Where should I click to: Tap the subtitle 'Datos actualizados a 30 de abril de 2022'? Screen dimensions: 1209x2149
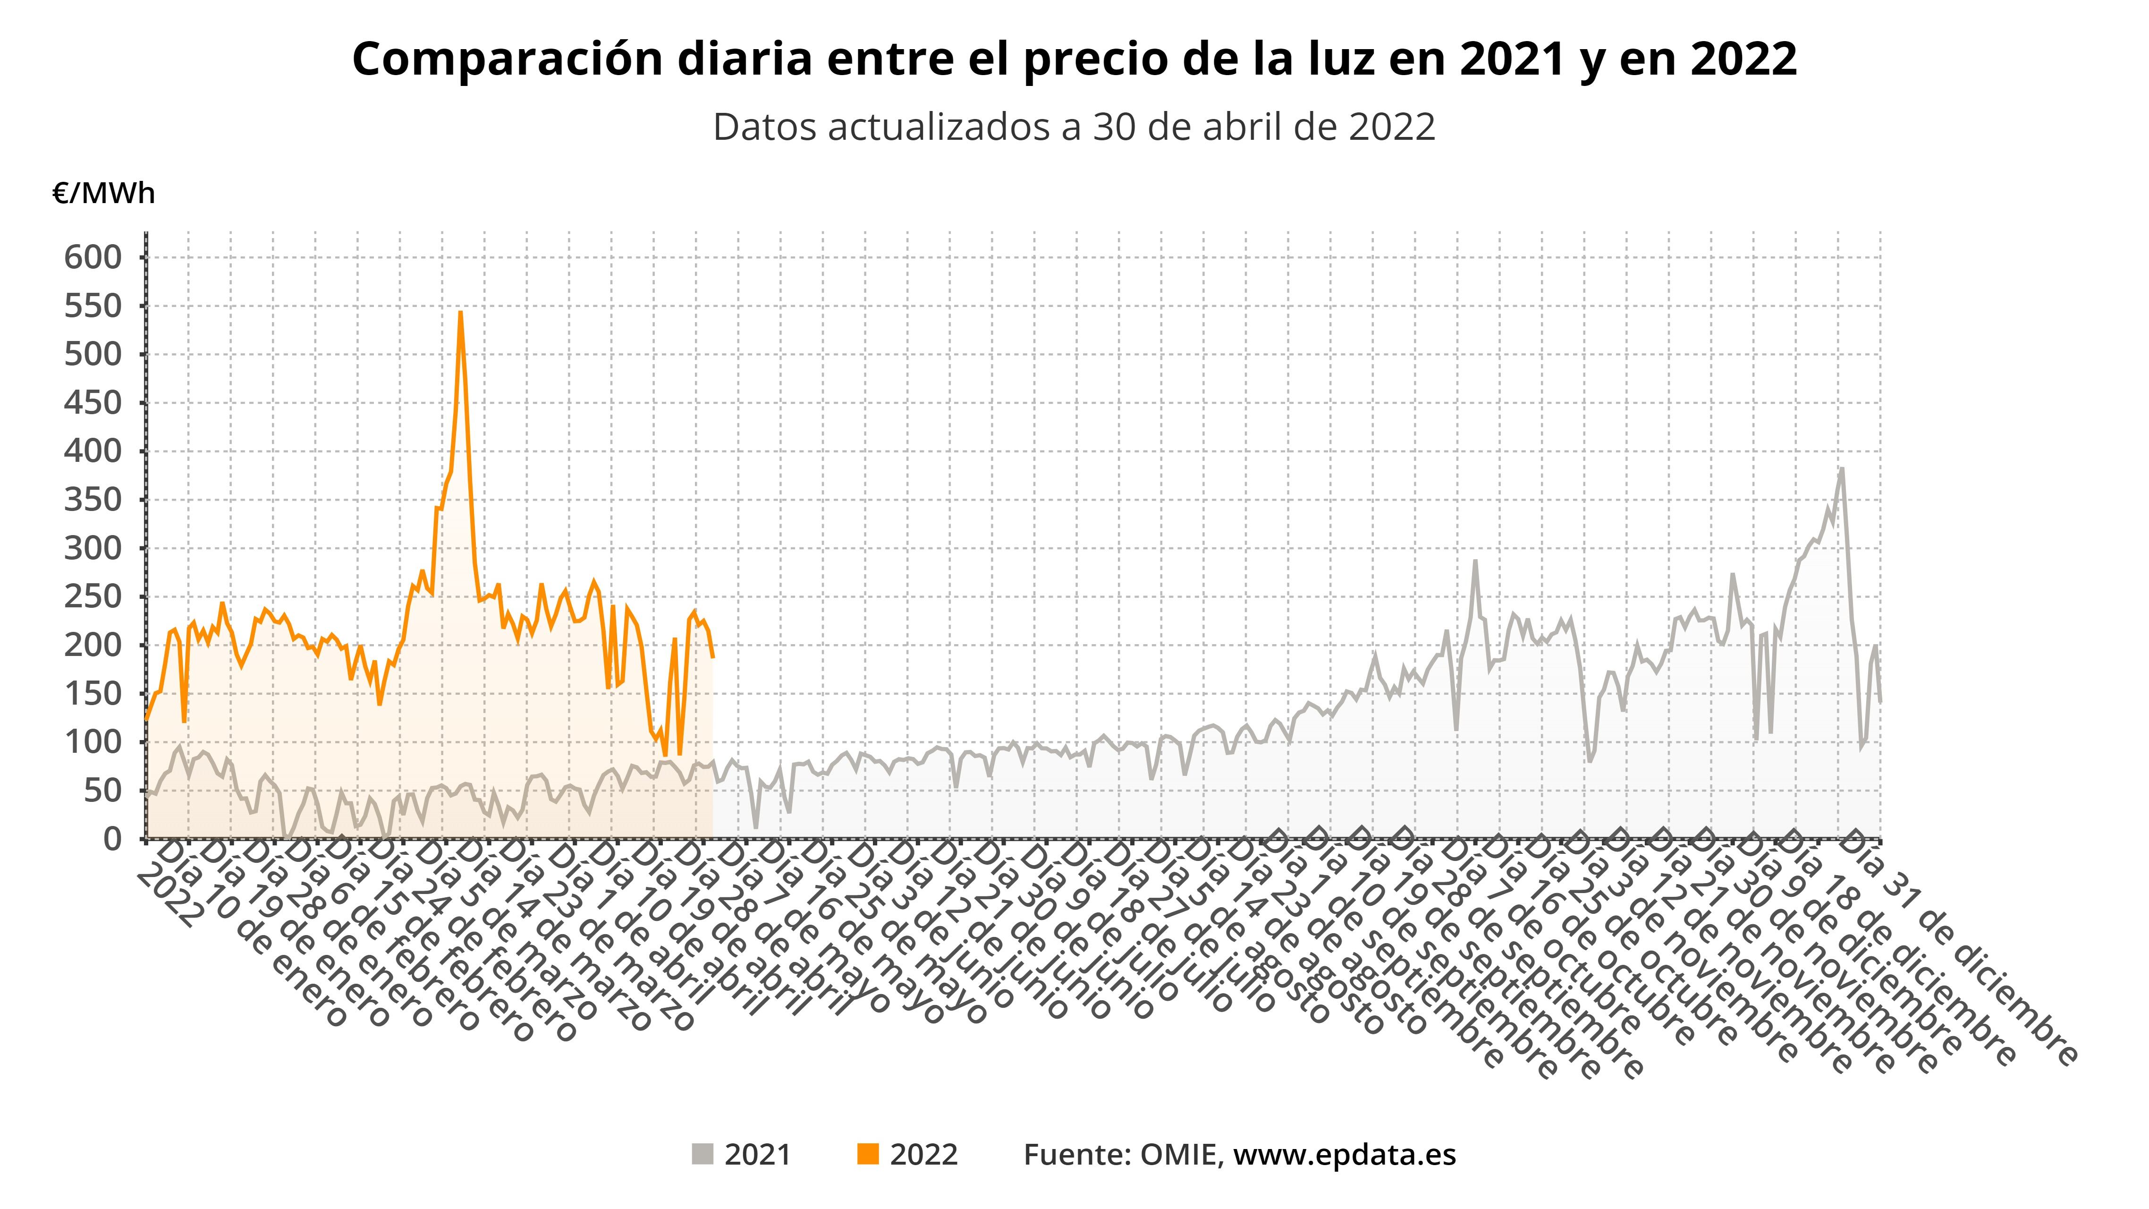point(1074,128)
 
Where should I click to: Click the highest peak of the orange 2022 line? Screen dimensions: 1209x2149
point(460,313)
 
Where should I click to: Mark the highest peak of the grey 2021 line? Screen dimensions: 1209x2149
point(1841,469)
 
